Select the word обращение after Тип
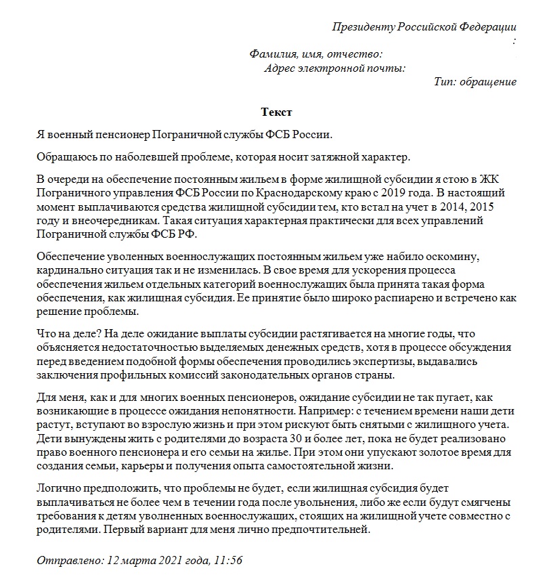[488, 82]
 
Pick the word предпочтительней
[325, 529]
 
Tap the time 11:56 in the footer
[228, 561]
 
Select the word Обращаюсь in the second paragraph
[64, 157]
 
